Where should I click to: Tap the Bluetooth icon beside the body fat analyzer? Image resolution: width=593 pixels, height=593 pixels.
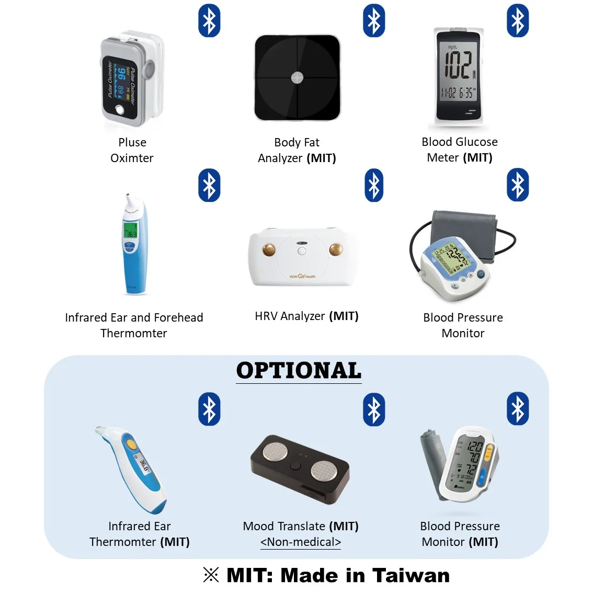tap(374, 21)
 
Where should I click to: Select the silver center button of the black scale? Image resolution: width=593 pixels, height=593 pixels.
tap(297, 78)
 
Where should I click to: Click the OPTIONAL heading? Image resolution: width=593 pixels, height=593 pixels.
tap(299, 371)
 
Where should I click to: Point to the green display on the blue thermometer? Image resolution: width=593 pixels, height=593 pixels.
tap(130, 231)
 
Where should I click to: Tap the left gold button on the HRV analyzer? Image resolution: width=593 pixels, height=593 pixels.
tap(269, 249)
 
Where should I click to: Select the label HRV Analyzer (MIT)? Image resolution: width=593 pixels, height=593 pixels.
tap(306, 316)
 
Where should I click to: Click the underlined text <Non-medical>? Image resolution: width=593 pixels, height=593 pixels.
tap(301, 542)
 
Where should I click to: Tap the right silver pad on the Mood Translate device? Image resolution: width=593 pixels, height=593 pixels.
tap(323, 470)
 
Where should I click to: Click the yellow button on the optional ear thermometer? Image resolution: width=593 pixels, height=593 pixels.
tap(131, 443)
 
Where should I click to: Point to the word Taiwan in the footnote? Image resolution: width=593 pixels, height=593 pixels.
tap(411, 575)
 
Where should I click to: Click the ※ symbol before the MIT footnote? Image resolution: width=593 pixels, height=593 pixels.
tap(211, 575)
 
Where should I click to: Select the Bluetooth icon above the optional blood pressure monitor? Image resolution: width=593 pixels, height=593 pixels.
tap(518, 409)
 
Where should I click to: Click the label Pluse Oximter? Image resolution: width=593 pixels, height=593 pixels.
tap(132, 150)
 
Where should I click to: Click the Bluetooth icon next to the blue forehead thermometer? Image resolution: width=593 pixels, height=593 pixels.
tap(209, 185)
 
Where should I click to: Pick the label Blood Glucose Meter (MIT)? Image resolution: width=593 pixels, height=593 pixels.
tap(460, 150)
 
